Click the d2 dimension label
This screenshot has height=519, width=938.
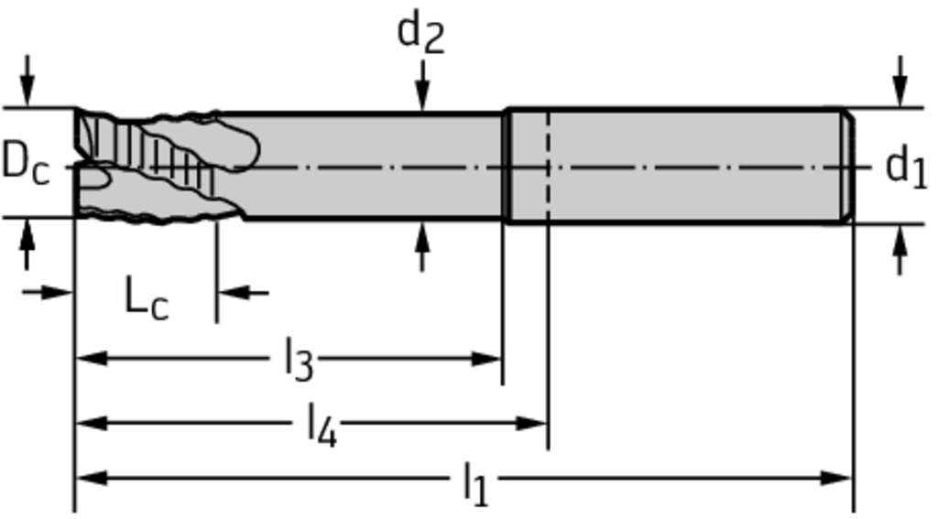coord(421,34)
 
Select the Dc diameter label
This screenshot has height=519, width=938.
coord(26,163)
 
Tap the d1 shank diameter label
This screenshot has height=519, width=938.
coord(906,168)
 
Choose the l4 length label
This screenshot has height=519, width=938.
coord(322,425)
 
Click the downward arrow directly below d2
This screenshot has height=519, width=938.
coord(423,84)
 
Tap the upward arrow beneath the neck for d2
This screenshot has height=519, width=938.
coord(423,247)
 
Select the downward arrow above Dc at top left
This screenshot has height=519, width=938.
coord(27,81)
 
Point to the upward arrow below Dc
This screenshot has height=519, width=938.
coord(27,244)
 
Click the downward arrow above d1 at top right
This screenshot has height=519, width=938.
coord(901,81)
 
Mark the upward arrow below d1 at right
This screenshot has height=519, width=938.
coord(901,249)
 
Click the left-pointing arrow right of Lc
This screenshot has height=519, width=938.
coord(243,293)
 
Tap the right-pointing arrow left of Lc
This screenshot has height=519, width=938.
coord(48,293)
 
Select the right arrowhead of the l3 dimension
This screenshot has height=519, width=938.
coord(486,359)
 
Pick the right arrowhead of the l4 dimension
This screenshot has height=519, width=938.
coord(532,423)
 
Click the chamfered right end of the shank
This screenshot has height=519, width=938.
coord(849,166)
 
